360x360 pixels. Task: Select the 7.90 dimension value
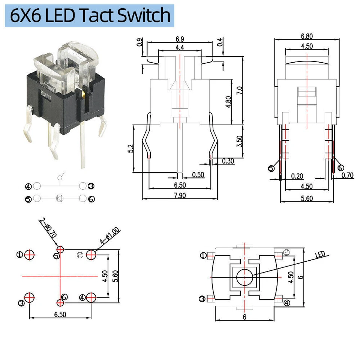click(180, 195)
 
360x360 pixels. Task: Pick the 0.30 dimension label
click(228, 161)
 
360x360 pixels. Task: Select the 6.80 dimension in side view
click(306, 36)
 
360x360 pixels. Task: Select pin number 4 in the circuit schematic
click(28, 186)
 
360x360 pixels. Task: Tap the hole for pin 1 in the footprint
click(30, 255)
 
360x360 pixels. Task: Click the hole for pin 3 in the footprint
click(30, 298)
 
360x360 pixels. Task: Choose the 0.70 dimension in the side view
click(348, 175)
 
